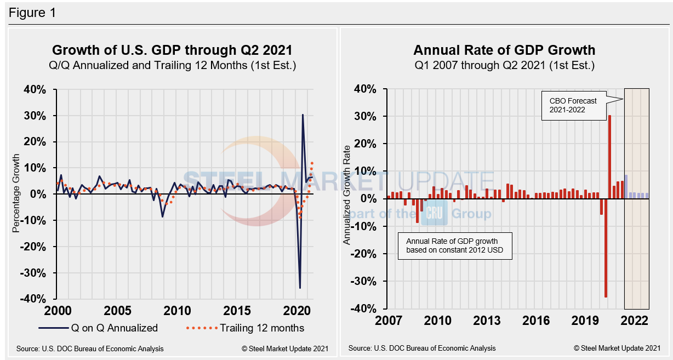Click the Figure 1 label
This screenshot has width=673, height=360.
click(32, 12)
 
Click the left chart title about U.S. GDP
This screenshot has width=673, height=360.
click(172, 50)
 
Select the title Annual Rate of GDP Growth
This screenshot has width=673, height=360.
click(504, 50)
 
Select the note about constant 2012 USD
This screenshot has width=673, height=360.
click(454, 245)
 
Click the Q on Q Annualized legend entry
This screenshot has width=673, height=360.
click(99, 328)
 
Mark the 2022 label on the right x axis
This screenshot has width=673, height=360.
click(636, 321)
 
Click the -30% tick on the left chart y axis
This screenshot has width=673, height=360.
click(38, 273)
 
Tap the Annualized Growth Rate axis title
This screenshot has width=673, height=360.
click(347, 199)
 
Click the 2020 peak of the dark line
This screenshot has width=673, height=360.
click(303, 115)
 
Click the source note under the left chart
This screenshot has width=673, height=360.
click(90, 348)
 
